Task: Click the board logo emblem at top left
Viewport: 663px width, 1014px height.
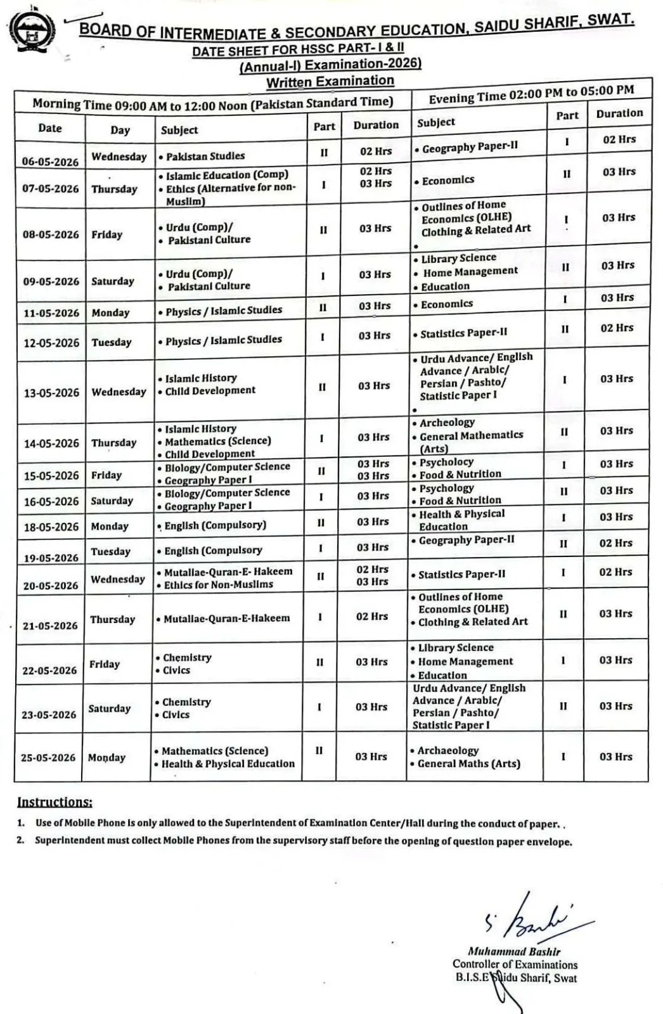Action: (32, 32)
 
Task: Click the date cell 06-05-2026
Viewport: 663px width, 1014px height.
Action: (50, 161)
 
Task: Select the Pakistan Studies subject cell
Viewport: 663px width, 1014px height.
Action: (205, 156)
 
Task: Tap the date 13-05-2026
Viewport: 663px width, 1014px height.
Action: (51, 393)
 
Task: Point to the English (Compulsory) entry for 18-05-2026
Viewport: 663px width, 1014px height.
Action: (215, 525)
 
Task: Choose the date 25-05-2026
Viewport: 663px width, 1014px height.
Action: (48, 757)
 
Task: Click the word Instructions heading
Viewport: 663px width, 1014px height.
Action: (55, 802)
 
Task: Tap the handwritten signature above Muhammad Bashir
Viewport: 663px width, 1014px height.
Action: (532, 918)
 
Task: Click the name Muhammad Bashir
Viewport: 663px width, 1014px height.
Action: (513, 951)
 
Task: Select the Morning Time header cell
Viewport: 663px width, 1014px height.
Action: (212, 103)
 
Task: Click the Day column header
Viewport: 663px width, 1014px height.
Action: (120, 131)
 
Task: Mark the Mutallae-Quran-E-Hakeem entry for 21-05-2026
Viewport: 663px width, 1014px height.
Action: (226, 618)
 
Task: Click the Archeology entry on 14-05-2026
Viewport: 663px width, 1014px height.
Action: (447, 423)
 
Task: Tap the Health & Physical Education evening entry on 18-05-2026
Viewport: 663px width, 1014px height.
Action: (461, 520)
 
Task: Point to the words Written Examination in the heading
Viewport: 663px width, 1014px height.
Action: (330, 82)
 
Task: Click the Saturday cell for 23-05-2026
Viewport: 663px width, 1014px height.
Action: (109, 709)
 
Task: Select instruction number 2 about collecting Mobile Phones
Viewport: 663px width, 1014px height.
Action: (303, 842)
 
